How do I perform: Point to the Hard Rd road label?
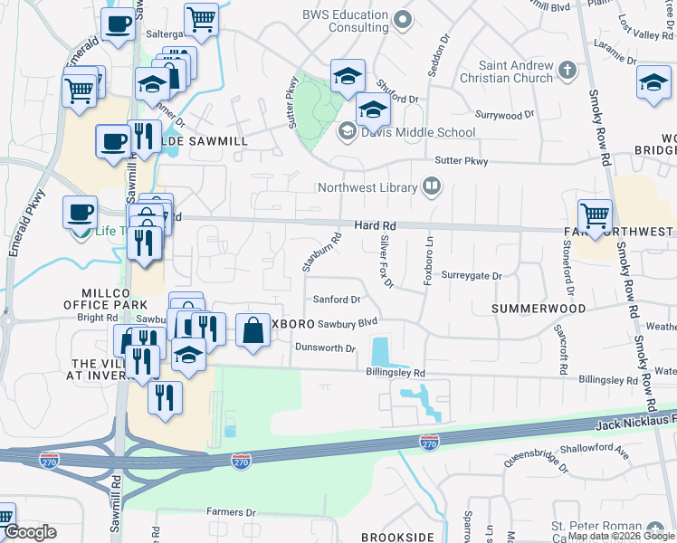click(376, 225)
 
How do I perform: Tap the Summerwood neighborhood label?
click(539, 309)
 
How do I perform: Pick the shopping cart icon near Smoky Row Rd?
click(595, 215)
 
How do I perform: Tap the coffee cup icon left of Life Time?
click(80, 213)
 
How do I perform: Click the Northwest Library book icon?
click(433, 188)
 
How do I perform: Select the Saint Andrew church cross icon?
click(567, 70)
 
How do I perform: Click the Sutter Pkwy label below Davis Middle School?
click(462, 161)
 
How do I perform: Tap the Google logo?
click(30, 532)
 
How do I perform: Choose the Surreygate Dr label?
click(472, 275)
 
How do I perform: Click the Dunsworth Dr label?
click(325, 348)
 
